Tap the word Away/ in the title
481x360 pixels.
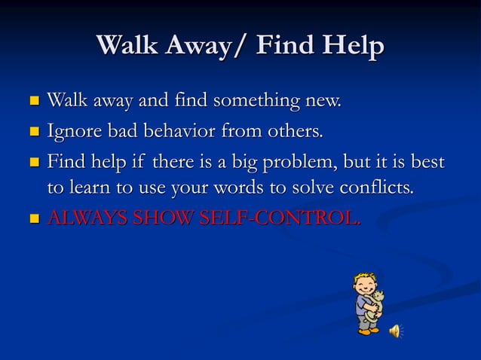pos(203,46)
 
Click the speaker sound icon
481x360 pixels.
pos(395,331)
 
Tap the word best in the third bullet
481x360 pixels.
pos(426,163)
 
